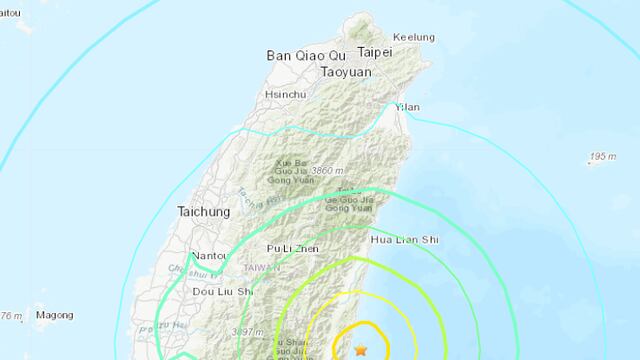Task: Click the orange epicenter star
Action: click(x=361, y=349)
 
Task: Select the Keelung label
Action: click(x=414, y=37)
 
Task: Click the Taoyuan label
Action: click(x=350, y=72)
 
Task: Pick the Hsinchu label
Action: click(x=283, y=94)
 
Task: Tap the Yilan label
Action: click(x=406, y=106)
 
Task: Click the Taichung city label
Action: click(x=203, y=212)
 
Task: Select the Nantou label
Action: click(x=208, y=256)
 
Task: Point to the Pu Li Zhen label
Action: click(x=290, y=247)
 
